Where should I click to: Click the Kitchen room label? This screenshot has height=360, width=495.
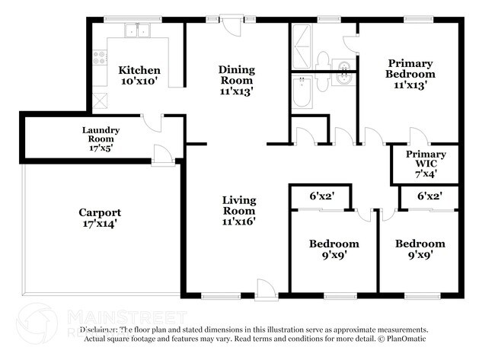click(x=139, y=71)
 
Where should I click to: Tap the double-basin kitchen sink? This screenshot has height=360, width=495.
click(x=138, y=31)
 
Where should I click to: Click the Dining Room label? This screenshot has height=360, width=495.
click(x=236, y=75)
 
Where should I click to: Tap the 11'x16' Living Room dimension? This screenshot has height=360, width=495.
click(x=238, y=222)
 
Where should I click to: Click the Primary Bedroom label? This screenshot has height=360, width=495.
click(x=411, y=68)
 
